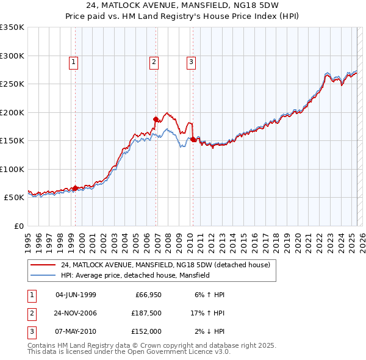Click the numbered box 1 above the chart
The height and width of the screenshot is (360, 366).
(73, 61)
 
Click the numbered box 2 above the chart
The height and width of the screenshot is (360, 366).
(154, 61)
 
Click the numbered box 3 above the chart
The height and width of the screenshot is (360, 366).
(191, 61)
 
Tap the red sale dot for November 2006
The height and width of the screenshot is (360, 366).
(156, 119)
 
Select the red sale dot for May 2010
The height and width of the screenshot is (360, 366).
(193, 139)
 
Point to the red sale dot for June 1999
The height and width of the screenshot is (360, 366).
(75, 188)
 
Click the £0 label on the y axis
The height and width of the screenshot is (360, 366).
(18, 226)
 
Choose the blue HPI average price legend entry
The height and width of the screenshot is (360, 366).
(135, 275)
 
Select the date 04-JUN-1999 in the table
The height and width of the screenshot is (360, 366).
(76, 295)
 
